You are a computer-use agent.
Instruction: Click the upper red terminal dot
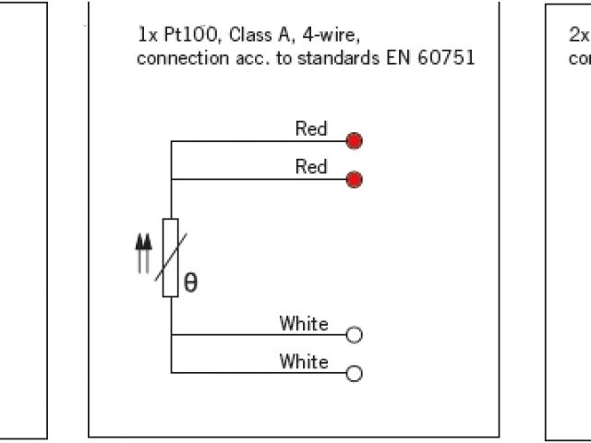[x=354, y=141]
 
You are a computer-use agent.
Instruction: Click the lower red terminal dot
[x=354, y=179]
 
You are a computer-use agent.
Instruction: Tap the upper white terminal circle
[x=354, y=335]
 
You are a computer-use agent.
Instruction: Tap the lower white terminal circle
[x=354, y=374]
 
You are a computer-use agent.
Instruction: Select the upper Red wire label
[x=311, y=129]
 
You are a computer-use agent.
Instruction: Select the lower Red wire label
[x=311, y=167]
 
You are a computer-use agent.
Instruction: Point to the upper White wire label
[x=304, y=324]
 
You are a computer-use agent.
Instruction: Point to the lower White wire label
[x=304, y=362]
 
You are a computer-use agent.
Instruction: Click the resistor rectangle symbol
[x=171, y=257]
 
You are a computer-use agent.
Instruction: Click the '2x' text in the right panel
[x=578, y=36]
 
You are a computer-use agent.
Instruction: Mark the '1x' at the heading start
[x=146, y=36]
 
